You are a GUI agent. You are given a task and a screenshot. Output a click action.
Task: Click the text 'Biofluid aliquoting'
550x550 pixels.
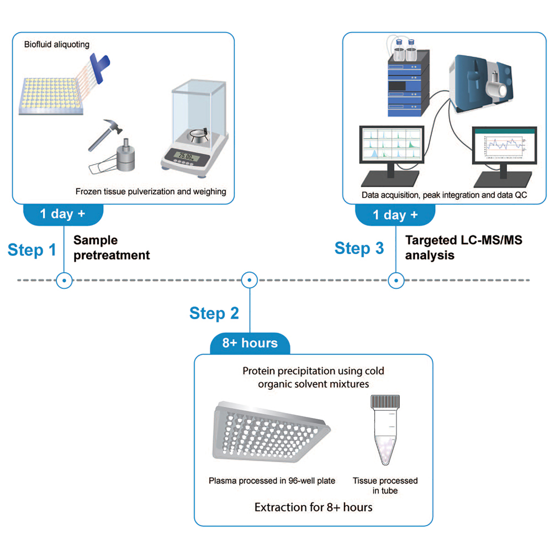pyautogui.click(x=56, y=44)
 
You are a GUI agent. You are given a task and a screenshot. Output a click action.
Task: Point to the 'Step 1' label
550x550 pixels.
pyautogui.click(x=32, y=250)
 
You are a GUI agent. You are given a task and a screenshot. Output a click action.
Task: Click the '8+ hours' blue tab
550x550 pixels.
pyautogui.click(x=250, y=343)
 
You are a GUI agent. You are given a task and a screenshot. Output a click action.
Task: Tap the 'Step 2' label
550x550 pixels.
pyautogui.click(x=214, y=313)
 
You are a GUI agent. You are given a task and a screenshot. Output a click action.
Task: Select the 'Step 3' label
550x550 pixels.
pyautogui.click(x=359, y=248)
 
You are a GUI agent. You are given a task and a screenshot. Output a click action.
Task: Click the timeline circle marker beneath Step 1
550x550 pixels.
pyautogui.click(x=65, y=280)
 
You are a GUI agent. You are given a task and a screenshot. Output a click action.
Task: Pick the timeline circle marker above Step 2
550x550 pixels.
pyautogui.click(x=250, y=280)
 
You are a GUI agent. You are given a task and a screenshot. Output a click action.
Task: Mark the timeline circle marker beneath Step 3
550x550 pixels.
pyautogui.click(x=395, y=280)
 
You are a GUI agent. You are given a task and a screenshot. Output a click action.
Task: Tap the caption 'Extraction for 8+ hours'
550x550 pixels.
pyautogui.click(x=313, y=507)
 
